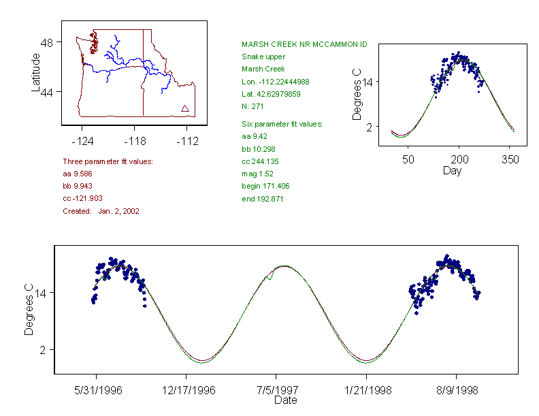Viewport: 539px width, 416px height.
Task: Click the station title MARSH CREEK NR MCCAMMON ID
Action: pos(304,44)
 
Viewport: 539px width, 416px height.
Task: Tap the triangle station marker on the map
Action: pos(185,108)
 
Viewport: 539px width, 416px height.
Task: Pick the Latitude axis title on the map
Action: pos(36,72)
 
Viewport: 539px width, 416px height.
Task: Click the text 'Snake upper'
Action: pos(263,57)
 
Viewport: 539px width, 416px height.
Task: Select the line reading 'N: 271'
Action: pos(253,106)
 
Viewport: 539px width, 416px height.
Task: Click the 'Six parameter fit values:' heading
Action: pos(282,124)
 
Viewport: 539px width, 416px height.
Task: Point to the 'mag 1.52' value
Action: pos(257,174)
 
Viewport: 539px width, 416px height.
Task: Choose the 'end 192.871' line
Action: pos(262,199)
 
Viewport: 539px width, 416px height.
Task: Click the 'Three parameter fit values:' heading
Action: pos(108,161)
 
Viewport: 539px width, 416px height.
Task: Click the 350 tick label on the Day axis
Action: pos(510,159)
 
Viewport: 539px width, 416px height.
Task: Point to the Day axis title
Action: pos(452,170)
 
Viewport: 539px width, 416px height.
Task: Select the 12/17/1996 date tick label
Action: pos(186,391)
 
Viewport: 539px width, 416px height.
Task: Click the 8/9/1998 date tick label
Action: pos(455,391)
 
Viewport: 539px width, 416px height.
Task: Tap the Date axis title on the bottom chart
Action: pos(285,401)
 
